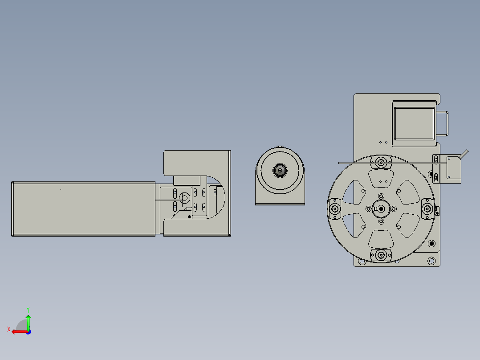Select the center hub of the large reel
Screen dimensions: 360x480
pos(381,209)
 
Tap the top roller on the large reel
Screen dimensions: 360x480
pos(381,163)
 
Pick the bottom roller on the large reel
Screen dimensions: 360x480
pos(381,255)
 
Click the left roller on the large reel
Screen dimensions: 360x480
pos(335,209)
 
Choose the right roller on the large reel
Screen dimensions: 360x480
pos(427,209)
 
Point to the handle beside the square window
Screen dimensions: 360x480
pos(444,123)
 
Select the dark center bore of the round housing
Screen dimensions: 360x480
pos(280,170)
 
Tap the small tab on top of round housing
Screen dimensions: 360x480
pos(280,147)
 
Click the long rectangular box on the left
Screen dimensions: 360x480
pos(83,209)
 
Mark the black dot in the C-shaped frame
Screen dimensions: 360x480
pos(189,217)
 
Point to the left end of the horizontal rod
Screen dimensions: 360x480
pos(340,163)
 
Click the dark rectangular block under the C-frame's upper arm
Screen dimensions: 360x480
pos(187,180)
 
